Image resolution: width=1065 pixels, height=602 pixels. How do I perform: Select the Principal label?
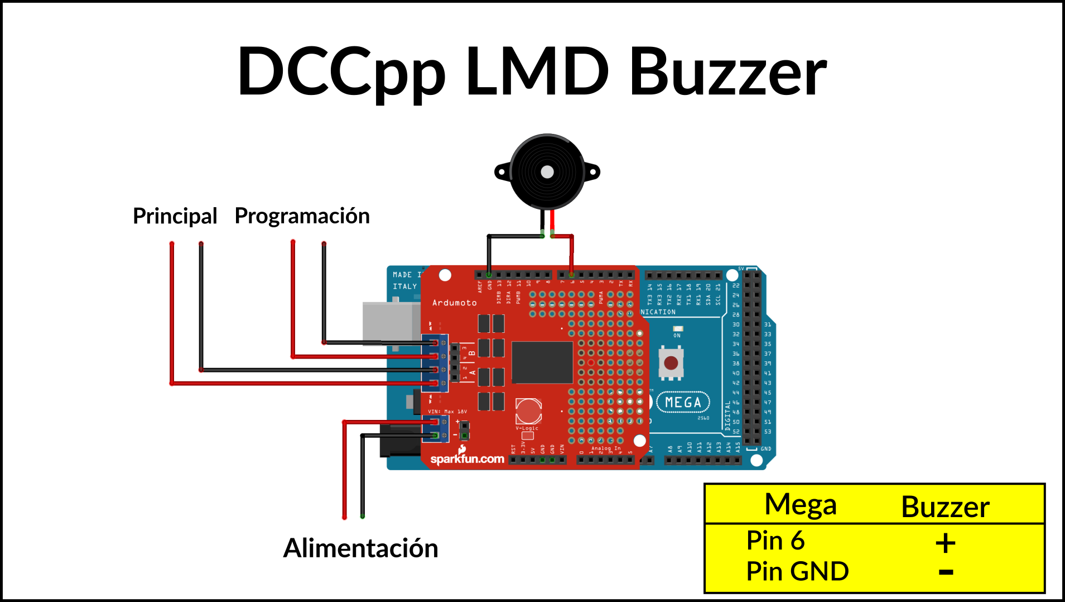pos(175,216)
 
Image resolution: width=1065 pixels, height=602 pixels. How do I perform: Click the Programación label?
pos(302,216)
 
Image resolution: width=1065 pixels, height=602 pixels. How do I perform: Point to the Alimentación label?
pos(360,548)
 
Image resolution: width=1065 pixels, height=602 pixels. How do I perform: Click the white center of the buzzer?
pos(547,171)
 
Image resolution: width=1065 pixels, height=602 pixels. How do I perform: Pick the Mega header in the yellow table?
pos(800,505)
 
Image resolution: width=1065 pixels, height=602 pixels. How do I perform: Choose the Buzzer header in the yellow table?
pos(945,507)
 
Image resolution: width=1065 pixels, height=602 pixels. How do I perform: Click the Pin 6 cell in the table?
pos(775,541)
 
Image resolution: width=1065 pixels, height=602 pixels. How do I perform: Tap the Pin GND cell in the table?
pos(797,571)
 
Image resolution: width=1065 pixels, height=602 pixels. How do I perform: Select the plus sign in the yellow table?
pos(946,543)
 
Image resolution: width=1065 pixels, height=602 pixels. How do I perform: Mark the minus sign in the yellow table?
pos(946,572)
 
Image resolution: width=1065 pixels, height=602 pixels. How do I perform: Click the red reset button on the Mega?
pos(671,363)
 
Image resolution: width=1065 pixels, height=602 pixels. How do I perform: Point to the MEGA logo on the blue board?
pos(683,402)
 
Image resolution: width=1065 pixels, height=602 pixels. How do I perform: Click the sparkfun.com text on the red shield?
pos(467,459)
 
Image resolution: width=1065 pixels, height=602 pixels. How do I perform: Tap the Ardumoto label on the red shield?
pos(454,303)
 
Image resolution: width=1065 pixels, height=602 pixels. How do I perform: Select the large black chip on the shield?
pos(542,362)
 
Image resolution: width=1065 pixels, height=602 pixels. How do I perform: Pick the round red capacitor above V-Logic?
pos(528,411)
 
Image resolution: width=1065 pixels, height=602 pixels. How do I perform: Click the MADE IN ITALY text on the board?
pos(405,280)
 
